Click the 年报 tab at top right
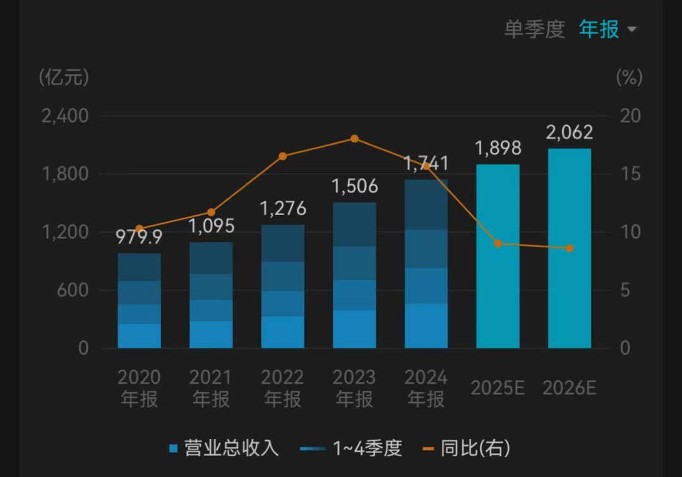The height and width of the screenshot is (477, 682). pyautogui.click(x=599, y=29)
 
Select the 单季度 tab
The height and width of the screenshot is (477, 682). pyautogui.click(x=534, y=29)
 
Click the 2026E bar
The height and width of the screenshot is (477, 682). pyautogui.click(x=570, y=249)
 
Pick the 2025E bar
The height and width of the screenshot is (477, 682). pyautogui.click(x=498, y=256)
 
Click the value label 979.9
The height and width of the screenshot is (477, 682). pyautogui.click(x=139, y=237)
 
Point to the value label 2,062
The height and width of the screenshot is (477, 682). pyautogui.click(x=570, y=132)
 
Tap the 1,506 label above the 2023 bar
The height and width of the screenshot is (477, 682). pyautogui.click(x=354, y=186)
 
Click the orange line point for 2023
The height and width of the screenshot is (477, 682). pyautogui.click(x=354, y=139)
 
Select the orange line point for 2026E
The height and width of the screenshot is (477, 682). pyautogui.click(x=570, y=248)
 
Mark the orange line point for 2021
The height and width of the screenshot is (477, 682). pyautogui.click(x=211, y=212)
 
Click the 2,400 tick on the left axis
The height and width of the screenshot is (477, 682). pyautogui.click(x=65, y=116)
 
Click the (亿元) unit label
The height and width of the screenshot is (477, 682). pyautogui.click(x=64, y=78)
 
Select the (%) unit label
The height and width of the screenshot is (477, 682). pyautogui.click(x=628, y=78)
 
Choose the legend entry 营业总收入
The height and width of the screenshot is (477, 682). pyautogui.click(x=224, y=449)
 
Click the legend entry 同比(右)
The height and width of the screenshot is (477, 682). pyautogui.click(x=467, y=449)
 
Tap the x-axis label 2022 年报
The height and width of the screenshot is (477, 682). pyautogui.click(x=283, y=388)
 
